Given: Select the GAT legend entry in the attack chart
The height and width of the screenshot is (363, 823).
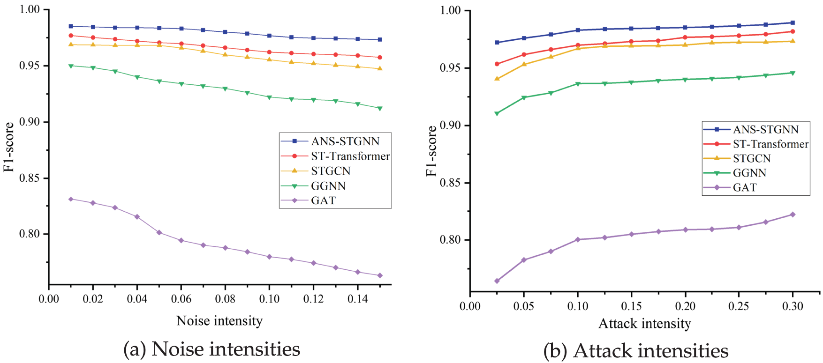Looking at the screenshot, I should click(x=745, y=187).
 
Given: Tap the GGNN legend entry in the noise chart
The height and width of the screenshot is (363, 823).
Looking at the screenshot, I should click(x=328, y=186).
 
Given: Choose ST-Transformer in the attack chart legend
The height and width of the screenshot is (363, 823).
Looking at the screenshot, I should click(x=770, y=144).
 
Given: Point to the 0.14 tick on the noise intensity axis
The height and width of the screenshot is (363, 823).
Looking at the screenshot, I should click(x=358, y=299).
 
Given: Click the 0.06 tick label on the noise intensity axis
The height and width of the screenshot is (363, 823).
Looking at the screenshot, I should click(x=181, y=299).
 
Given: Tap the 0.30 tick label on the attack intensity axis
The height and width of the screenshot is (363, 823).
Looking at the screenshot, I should click(x=793, y=306).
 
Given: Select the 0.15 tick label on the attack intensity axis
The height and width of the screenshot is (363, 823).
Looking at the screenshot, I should click(x=631, y=306).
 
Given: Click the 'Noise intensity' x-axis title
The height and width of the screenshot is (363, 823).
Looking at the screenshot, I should click(x=219, y=321).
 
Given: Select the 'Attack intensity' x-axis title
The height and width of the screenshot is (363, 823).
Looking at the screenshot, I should click(x=644, y=324).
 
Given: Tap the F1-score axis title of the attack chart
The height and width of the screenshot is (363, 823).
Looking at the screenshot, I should click(x=431, y=151).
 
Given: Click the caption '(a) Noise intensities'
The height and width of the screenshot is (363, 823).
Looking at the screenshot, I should click(x=211, y=349).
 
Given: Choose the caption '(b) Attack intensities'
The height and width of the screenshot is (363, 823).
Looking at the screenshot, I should click(x=635, y=351).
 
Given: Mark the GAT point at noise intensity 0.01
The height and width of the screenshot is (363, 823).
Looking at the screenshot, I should click(x=71, y=199).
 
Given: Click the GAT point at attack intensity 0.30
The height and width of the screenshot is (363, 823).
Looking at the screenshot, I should click(x=793, y=215).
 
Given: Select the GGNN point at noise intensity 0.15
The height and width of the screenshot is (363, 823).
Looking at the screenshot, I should click(x=380, y=108).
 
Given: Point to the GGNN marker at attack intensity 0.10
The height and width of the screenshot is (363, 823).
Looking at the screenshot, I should click(x=578, y=84).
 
